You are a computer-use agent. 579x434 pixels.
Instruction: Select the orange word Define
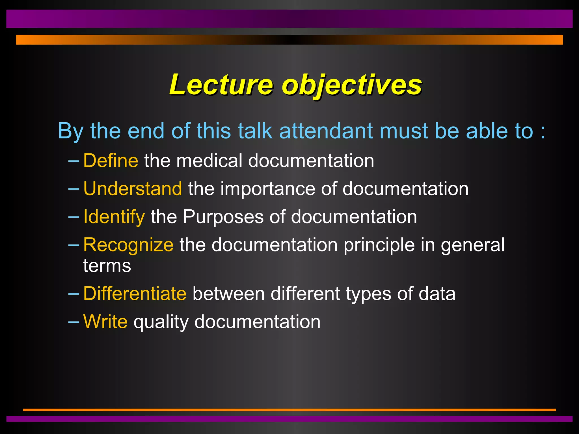111,160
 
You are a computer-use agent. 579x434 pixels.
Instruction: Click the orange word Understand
133,188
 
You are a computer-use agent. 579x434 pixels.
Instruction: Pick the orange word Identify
114,217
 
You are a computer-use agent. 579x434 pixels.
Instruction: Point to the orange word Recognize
128,245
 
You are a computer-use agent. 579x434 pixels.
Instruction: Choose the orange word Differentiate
135,294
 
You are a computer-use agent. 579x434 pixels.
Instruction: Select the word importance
267,188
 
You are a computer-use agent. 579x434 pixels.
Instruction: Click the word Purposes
223,217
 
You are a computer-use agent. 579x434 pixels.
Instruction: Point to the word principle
379,245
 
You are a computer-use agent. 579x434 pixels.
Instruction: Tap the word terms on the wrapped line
107,266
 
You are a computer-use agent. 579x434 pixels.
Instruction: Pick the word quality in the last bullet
161,322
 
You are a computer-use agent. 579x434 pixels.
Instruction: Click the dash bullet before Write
74,322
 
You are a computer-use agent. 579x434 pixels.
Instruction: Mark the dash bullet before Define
74,161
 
